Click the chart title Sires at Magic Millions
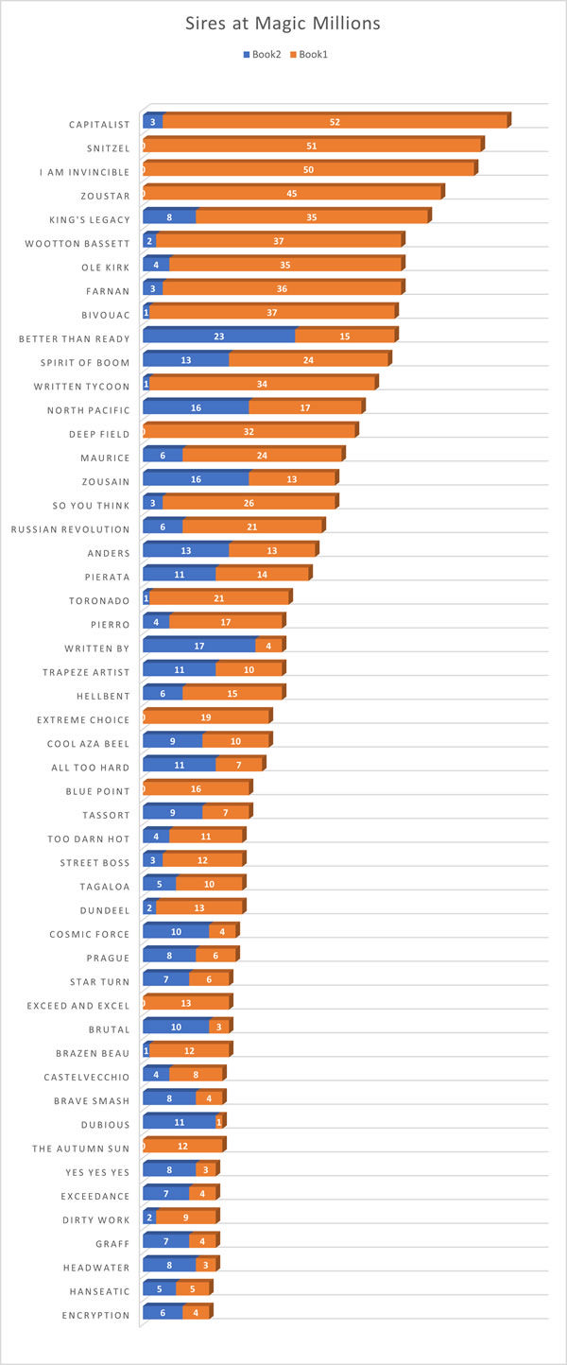[x=283, y=24]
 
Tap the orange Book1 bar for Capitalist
[x=335, y=122]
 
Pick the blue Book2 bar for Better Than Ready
[x=219, y=336]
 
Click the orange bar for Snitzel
[x=312, y=146]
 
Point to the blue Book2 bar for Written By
[x=199, y=646]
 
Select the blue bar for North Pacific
[x=196, y=407]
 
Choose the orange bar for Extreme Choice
[x=206, y=717]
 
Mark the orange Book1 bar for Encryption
[x=196, y=1313]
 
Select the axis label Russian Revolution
[x=70, y=528]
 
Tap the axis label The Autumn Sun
[x=80, y=1148]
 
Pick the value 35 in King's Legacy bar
[x=312, y=217]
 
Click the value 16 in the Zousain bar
[x=196, y=479]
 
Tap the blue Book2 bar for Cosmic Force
[x=176, y=932]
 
